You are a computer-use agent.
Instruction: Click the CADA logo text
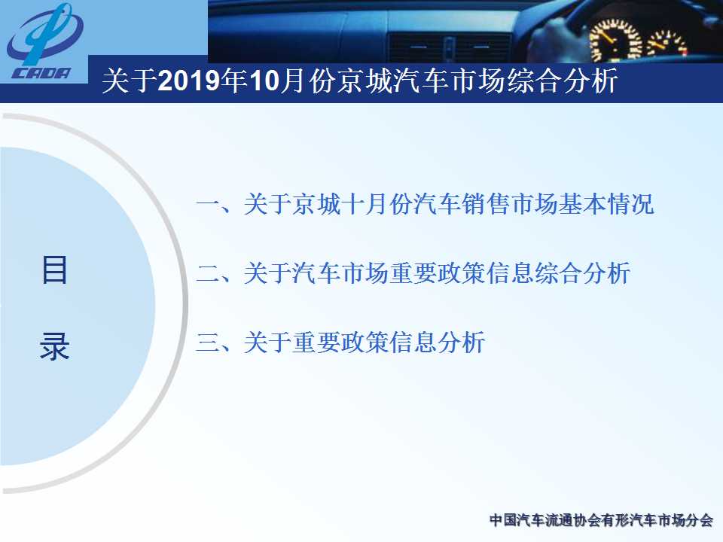click(x=42, y=73)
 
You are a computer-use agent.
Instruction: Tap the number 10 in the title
click(x=264, y=81)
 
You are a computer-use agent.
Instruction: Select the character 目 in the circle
click(x=54, y=269)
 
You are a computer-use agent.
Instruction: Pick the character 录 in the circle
click(x=54, y=346)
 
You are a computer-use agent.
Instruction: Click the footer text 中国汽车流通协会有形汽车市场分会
click(x=601, y=520)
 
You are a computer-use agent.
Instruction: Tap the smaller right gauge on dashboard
click(x=667, y=44)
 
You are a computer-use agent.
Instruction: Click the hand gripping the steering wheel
click(x=554, y=39)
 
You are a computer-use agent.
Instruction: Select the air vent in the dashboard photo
click(x=450, y=47)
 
